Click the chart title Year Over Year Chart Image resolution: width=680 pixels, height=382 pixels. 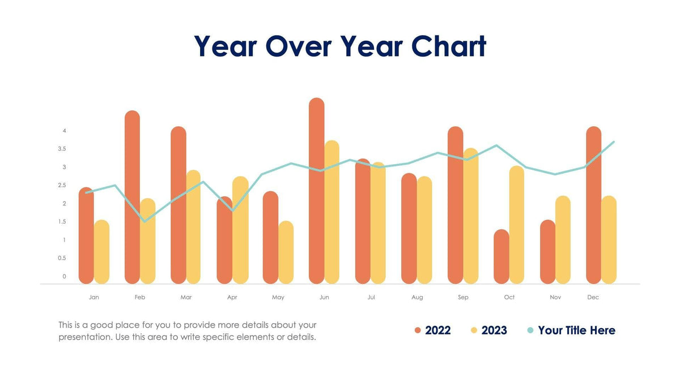click(340, 46)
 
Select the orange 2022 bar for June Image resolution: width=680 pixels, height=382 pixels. click(317, 192)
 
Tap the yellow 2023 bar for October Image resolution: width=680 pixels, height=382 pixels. click(516, 226)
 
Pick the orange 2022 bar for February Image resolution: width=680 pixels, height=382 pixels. click(132, 198)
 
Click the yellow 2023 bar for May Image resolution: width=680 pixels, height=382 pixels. click(286, 254)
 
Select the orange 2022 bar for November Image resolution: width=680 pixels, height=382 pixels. click(547, 252)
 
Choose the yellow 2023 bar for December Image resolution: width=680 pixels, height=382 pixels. click(609, 241)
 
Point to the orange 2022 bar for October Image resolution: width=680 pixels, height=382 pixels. click(501, 257)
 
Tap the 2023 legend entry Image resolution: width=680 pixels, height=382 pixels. click(488, 331)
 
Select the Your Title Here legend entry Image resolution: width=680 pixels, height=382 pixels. click(571, 331)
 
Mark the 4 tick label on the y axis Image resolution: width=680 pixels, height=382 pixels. click(65, 131)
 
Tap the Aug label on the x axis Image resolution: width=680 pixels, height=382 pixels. click(417, 297)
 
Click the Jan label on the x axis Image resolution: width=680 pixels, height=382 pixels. click(94, 297)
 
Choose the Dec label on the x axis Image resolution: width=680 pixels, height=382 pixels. click(593, 297)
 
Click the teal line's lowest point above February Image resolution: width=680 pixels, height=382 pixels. click(144, 221)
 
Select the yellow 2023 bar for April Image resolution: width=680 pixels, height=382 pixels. click(240, 231)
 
